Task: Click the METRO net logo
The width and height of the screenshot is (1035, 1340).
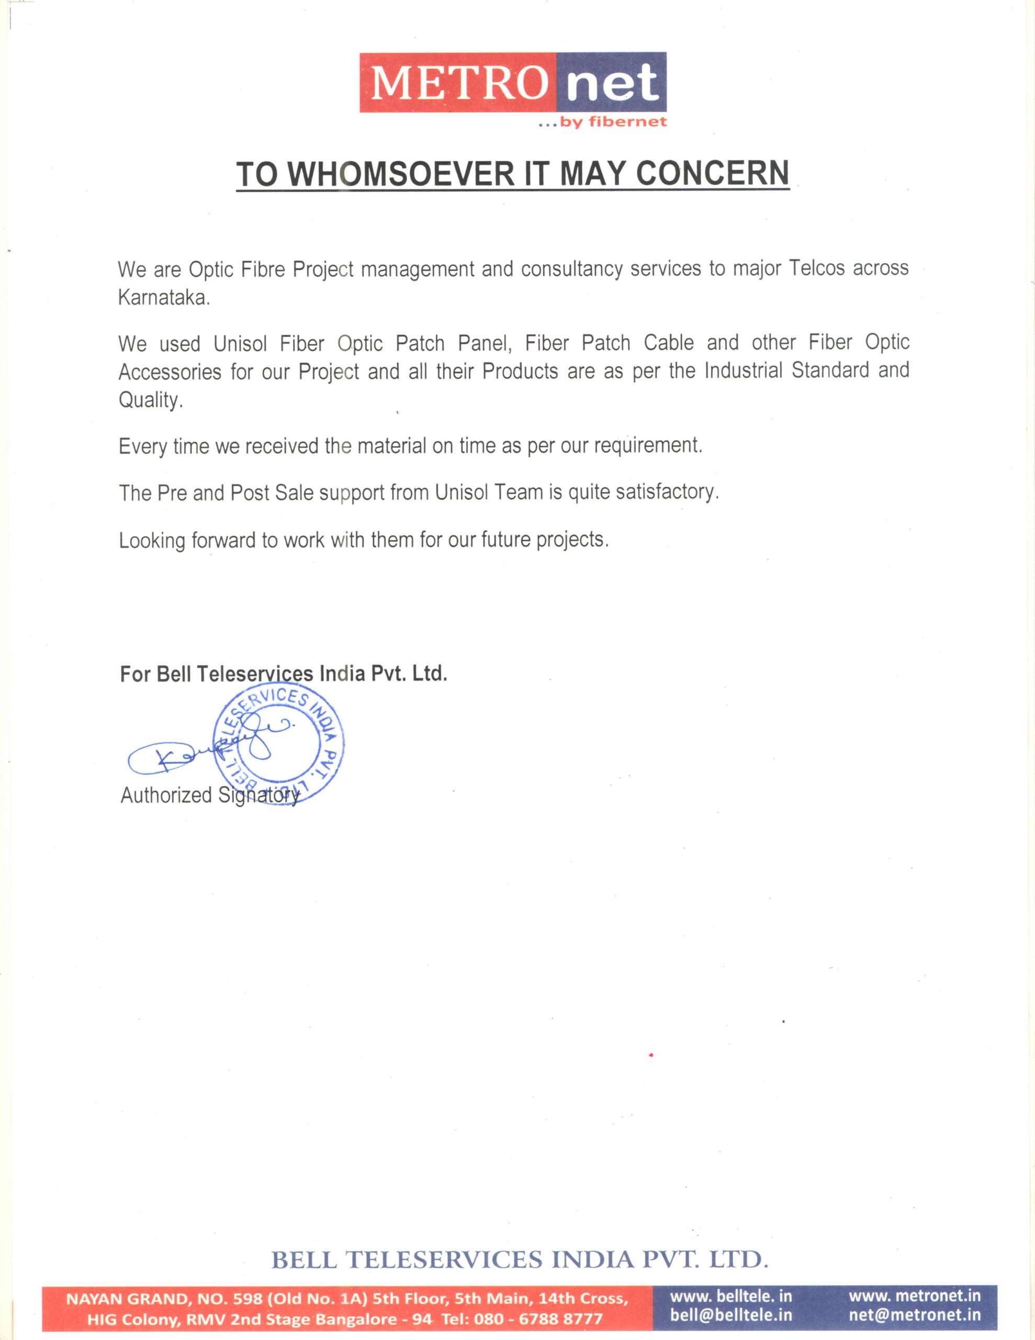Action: (512, 83)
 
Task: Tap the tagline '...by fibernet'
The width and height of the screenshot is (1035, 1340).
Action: (601, 122)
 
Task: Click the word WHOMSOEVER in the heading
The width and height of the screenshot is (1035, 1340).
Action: (401, 174)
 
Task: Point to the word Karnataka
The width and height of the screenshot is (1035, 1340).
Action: (163, 298)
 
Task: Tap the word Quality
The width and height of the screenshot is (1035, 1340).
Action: (150, 400)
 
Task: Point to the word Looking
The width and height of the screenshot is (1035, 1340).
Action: (152, 541)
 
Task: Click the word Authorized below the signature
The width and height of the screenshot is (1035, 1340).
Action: (166, 795)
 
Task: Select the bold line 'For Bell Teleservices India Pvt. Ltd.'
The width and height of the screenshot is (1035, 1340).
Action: (284, 674)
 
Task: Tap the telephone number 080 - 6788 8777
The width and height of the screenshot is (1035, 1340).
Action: (538, 1318)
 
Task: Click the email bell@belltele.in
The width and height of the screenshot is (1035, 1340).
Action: (730, 1315)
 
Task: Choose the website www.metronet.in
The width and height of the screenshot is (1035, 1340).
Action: (914, 1296)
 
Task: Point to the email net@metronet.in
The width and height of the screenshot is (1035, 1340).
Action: (914, 1315)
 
